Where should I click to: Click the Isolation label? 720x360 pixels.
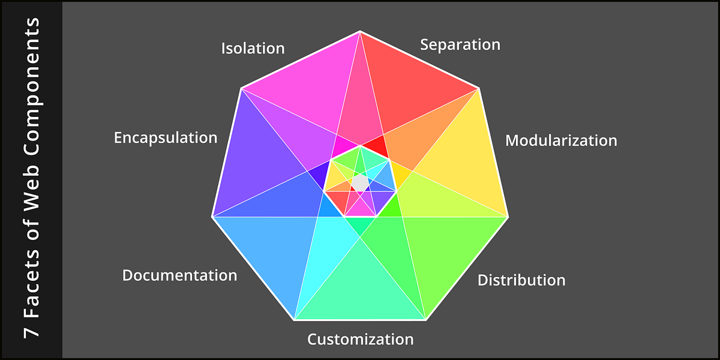(x=253, y=48)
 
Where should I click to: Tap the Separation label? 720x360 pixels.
(x=460, y=44)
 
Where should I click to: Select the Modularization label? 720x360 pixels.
(x=561, y=140)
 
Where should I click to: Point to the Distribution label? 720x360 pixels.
(x=521, y=280)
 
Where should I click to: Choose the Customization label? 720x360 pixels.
(x=360, y=339)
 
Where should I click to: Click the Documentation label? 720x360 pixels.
(x=179, y=275)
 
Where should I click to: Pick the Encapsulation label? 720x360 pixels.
(x=166, y=137)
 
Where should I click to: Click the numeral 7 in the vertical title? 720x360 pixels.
(x=31, y=330)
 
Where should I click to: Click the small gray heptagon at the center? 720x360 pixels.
(x=359, y=182)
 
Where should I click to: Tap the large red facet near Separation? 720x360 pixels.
(x=414, y=84)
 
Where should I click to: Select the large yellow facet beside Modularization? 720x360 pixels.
(x=462, y=162)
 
